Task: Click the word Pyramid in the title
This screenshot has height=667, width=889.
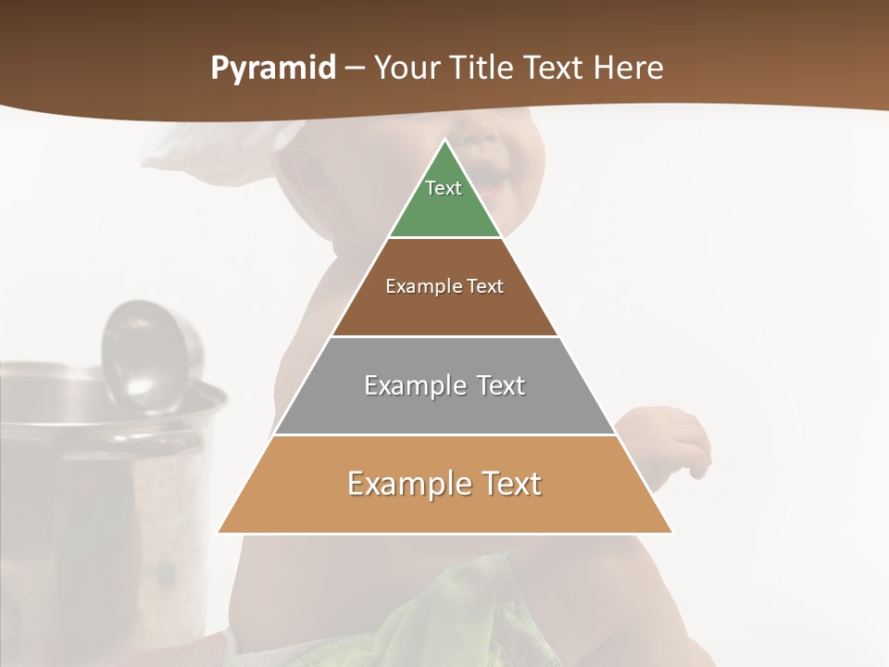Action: (x=272, y=69)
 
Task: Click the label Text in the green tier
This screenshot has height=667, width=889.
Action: (x=444, y=188)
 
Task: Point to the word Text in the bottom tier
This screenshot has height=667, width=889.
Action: (x=509, y=484)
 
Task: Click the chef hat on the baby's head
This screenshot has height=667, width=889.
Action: (x=222, y=148)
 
